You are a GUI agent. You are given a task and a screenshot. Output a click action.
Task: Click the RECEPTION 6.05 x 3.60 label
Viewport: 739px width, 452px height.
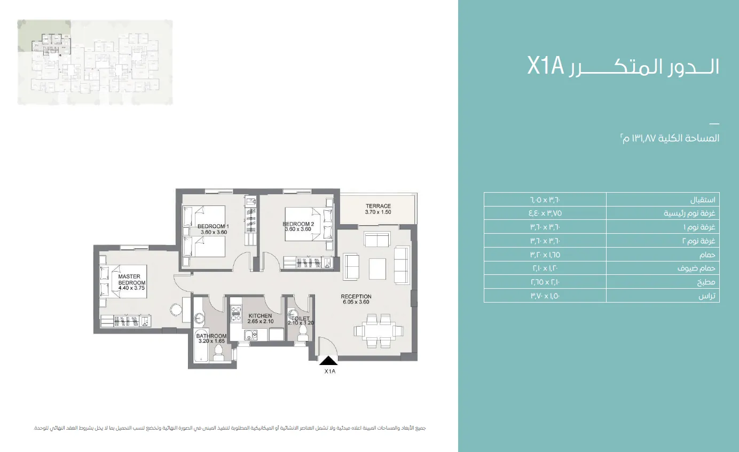click(356, 299)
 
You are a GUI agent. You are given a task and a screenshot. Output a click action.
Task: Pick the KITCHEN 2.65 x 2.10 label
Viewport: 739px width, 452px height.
click(260, 319)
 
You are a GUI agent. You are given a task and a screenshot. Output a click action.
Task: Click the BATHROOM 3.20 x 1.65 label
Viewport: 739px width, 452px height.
click(211, 338)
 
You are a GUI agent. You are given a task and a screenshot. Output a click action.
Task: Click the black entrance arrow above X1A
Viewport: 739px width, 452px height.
click(329, 361)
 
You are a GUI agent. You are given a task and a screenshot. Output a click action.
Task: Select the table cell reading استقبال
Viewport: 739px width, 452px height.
click(663, 200)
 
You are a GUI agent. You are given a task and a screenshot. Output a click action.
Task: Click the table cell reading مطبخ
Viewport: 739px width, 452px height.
click(663, 282)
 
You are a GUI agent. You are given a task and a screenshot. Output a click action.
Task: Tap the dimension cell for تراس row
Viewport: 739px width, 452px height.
click(545, 296)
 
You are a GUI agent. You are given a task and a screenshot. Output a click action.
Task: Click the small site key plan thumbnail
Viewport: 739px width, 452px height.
click(96, 62)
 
